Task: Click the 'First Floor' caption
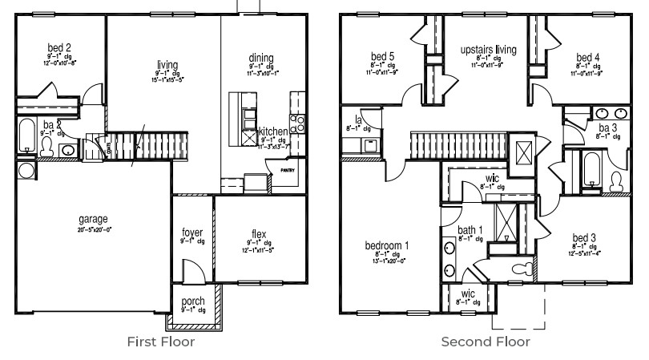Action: point(161,342)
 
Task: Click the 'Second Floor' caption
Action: point(486,342)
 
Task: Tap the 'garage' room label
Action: point(93,219)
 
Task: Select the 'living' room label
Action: point(167,65)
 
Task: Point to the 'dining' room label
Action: point(261,58)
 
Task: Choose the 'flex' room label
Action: point(258,235)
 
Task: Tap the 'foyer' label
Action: point(192,233)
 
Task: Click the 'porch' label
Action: point(193,301)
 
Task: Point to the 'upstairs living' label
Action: point(488,50)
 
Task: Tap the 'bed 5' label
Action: point(382,57)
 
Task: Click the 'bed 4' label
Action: point(587,57)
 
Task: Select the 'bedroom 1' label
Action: point(388,245)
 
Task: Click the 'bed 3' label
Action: point(583,238)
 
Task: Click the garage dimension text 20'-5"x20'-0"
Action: point(94,229)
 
